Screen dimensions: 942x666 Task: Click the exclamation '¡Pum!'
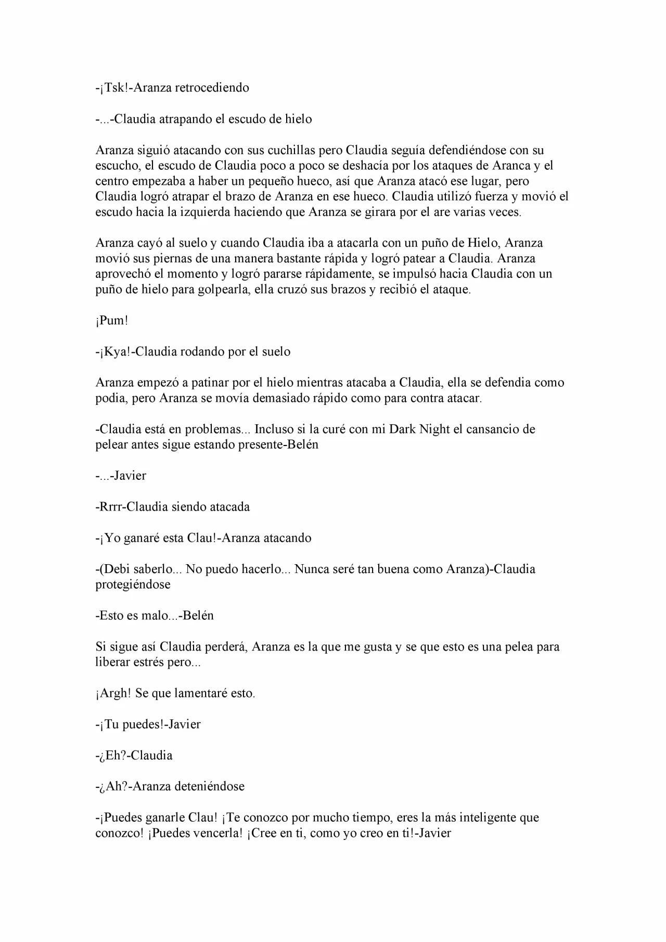(x=111, y=321)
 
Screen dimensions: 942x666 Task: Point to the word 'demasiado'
(x=281, y=399)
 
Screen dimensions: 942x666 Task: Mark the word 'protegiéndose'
(x=133, y=584)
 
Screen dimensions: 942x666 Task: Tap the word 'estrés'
(x=149, y=663)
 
